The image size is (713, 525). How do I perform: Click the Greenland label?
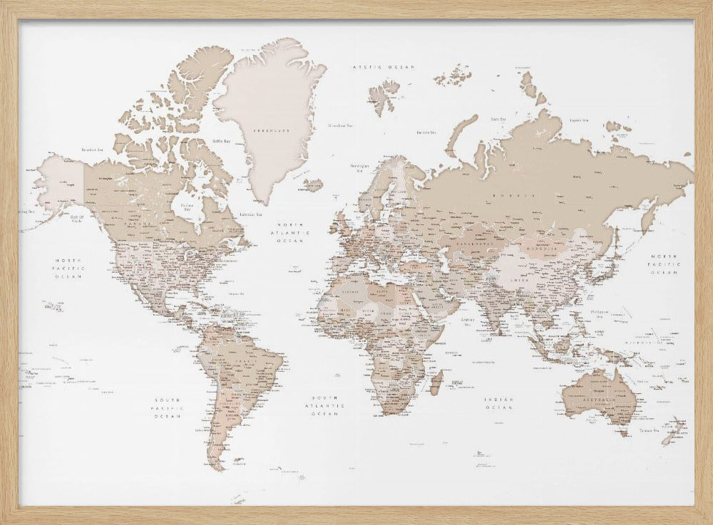click(274, 130)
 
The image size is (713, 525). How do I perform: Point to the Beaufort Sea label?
click(93, 150)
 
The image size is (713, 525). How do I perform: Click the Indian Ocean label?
click(498, 404)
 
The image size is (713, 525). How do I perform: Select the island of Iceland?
click(312, 184)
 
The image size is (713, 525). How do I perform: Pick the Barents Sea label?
click(426, 132)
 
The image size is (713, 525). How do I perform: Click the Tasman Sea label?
click(647, 430)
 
